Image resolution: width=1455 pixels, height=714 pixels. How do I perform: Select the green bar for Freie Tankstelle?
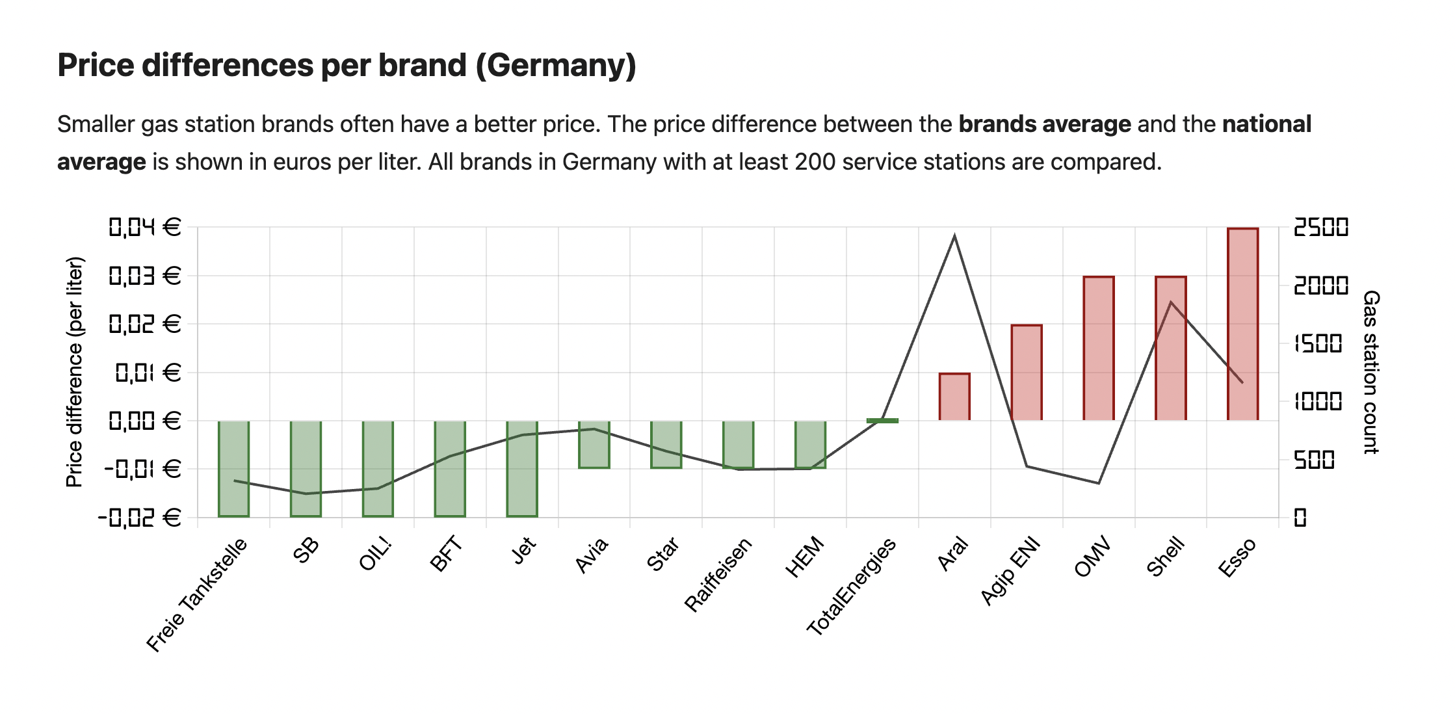click(233, 468)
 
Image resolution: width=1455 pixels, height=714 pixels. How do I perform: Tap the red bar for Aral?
click(954, 397)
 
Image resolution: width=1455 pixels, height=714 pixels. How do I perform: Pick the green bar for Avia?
click(594, 445)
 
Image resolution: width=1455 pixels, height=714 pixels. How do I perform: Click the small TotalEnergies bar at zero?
click(882, 421)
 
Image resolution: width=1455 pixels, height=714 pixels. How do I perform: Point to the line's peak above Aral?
click(954, 236)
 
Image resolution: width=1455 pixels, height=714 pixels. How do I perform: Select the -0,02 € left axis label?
click(139, 518)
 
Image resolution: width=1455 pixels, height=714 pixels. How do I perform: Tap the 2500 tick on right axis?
click(1321, 227)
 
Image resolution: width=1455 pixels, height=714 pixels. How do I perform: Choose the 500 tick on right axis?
click(1314, 460)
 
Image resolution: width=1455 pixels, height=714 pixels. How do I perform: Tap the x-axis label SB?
click(306, 550)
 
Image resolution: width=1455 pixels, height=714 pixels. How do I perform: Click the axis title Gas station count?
click(1371, 372)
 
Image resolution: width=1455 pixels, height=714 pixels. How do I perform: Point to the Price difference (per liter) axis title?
click(75, 372)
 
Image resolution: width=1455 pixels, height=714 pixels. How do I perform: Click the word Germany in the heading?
click(556, 66)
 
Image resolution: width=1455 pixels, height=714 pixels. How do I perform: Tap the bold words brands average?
click(1045, 124)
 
